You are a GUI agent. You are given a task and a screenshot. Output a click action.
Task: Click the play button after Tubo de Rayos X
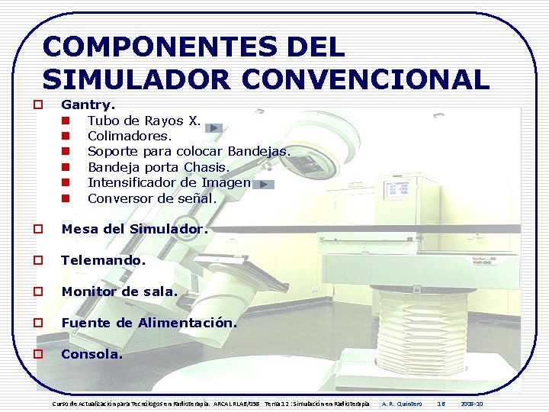pos(216,128)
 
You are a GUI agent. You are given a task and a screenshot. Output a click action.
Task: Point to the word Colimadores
pos(130,136)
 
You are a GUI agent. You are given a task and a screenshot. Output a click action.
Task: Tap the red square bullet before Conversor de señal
pos(66,198)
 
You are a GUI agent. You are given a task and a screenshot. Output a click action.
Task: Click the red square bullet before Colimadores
pos(66,136)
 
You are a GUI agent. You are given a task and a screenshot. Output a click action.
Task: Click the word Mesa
pos(77,229)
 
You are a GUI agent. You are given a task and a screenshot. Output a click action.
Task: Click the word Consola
pos(91,354)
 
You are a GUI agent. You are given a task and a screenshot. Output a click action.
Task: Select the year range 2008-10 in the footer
pos(472,404)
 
